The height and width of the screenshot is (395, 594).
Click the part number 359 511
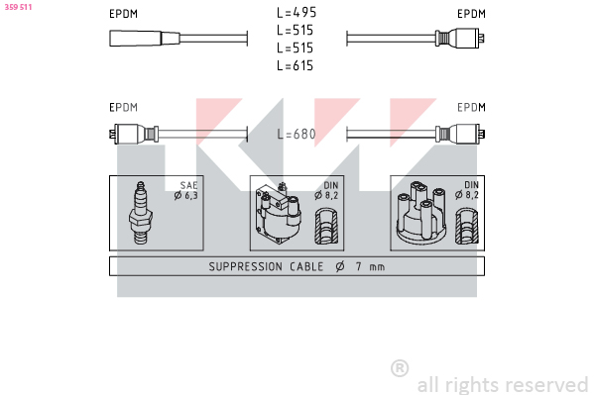click(x=18, y=7)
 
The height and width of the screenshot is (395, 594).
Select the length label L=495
click(x=297, y=13)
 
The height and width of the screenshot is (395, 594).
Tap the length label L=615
click(x=296, y=65)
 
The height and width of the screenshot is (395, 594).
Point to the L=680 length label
click(x=297, y=134)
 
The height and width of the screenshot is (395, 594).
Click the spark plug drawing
click(x=141, y=213)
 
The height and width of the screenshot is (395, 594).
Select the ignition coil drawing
click(x=278, y=213)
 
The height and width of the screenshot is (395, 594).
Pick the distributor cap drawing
click(x=421, y=213)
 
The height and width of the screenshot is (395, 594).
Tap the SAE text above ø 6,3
click(x=188, y=185)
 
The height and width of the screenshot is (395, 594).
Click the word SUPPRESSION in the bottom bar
click(x=246, y=266)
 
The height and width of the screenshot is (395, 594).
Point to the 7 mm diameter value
click(x=370, y=266)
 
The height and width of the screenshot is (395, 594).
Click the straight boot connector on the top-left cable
click(x=145, y=39)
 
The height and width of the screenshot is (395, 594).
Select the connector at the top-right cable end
click(x=460, y=39)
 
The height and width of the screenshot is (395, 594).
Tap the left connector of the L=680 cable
click(x=134, y=134)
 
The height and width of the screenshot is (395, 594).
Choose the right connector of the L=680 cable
click(x=460, y=134)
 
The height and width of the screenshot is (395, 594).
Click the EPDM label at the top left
click(x=123, y=14)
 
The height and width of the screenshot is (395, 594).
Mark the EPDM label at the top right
click(x=471, y=14)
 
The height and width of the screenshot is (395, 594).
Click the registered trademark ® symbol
click(x=400, y=368)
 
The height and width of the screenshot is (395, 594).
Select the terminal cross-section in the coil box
click(x=326, y=226)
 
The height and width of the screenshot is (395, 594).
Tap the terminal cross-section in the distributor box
click(x=467, y=226)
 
